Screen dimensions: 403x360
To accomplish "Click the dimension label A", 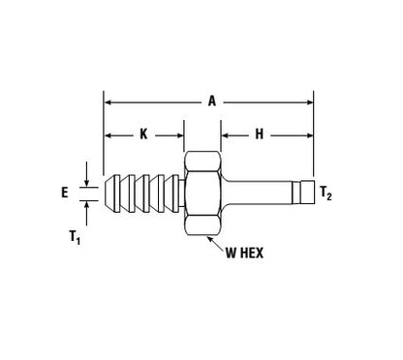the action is click(x=212, y=102).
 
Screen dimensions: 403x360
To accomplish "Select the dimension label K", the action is click(x=143, y=134).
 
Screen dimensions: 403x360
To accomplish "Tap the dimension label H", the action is click(x=260, y=134).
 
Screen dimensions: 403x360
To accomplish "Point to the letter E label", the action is click(x=65, y=193).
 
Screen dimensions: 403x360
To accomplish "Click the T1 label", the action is click(x=75, y=237).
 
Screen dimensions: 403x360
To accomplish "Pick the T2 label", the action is click(x=325, y=194).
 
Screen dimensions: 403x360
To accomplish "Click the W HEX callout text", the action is click(x=244, y=253).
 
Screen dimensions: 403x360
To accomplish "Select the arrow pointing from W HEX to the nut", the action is click(x=215, y=243).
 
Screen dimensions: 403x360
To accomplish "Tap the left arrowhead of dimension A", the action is click(x=108, y=103).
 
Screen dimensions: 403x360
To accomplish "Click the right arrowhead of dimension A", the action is click(x=309, y=103).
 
